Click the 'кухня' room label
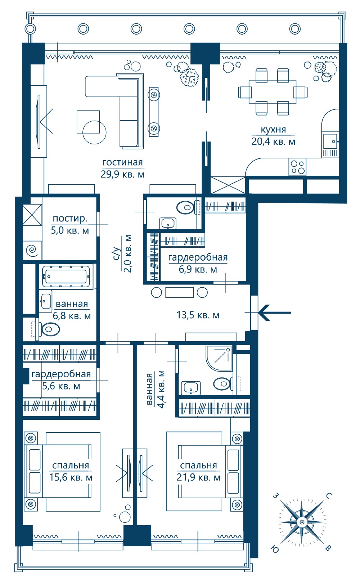(x=273, y=130)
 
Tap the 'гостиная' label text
(x=122, y=162)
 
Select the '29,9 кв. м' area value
(x=122, y=174)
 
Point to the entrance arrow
(x=274, y=312)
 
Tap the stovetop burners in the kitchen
(x=298, y=167)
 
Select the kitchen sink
(x=330, y=141)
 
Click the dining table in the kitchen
(x=273, y=92)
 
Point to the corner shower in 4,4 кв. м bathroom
(x=219, y=358)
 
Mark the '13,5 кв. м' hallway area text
(x=198, y=315)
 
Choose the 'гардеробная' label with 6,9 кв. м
(x=198, y=257)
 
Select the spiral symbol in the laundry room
(x=32, y=250)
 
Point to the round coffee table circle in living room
(x=94, y=132)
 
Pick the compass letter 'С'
(x=329, y=496)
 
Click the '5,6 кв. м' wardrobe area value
(x=61, y=386)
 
